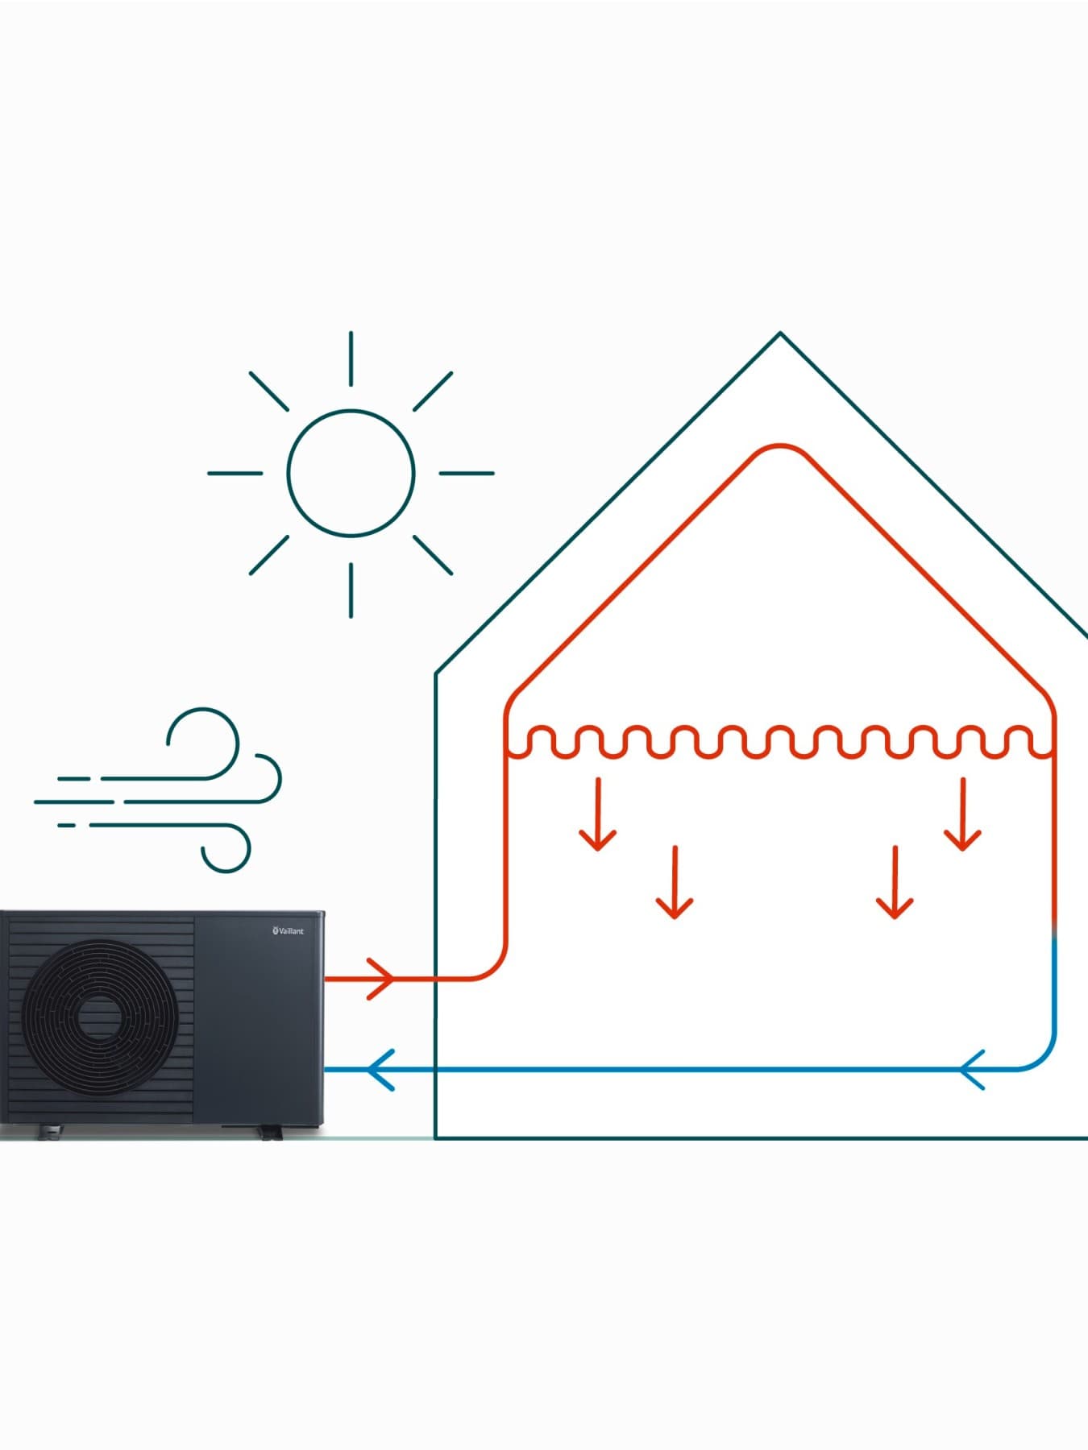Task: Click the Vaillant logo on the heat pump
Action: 288,931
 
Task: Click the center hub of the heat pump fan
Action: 98,1020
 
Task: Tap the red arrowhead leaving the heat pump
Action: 381,979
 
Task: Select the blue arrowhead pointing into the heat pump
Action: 380,1070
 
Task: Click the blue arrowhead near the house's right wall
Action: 973,1070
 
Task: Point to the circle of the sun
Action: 351,474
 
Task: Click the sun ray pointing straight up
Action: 351,358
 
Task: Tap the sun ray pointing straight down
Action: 351,590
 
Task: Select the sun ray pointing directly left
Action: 235,474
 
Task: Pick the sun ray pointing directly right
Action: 467,474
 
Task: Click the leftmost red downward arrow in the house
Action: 597,814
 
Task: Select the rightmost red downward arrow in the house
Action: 962,814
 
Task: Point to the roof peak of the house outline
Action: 780,333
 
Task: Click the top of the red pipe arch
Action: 779,445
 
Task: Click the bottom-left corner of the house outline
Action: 436,1137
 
